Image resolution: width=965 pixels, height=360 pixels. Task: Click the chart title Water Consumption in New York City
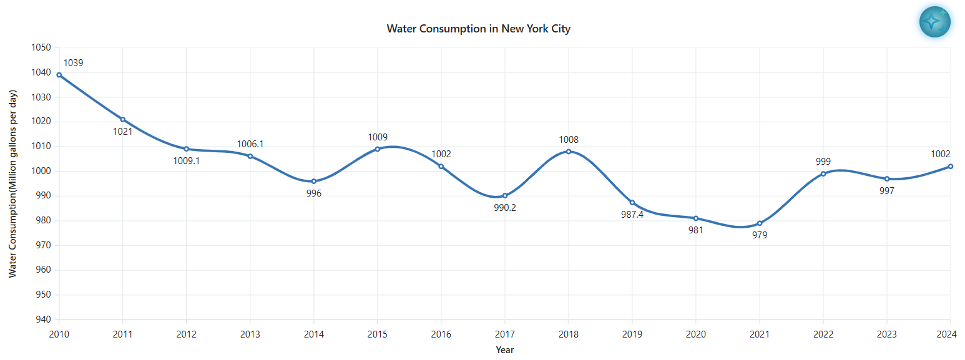coord(478,29)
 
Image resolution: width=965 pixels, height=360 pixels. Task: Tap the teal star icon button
coord(934,22)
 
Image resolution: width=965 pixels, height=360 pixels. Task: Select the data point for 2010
coord(59,75)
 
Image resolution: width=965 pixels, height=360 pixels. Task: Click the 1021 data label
coord(123,132)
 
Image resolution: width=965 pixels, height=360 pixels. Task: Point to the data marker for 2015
coord(378,149)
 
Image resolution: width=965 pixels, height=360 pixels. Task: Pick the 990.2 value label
coord(505,208)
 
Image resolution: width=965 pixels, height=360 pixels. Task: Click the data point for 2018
coord(569,152)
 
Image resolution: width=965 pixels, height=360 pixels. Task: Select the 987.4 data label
coord(632,215)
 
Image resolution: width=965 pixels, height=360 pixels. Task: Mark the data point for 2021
coord(760,223)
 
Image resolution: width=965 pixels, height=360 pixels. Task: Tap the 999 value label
coord(823,161)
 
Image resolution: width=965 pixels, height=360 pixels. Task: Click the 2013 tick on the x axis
coord(250,334)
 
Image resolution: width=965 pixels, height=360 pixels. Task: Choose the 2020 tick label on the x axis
coord(696,334)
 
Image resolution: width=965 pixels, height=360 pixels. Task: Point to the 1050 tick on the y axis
coord(41,48)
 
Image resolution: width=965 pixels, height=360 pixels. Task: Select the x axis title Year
coord(505,350)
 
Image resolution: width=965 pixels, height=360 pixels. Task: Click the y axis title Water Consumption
coord(12,184)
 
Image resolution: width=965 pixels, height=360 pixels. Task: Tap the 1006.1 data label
coord(250,144)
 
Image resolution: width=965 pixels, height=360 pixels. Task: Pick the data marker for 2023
coord(887,179)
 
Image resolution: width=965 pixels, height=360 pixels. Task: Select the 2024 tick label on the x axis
coord(950,334)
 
